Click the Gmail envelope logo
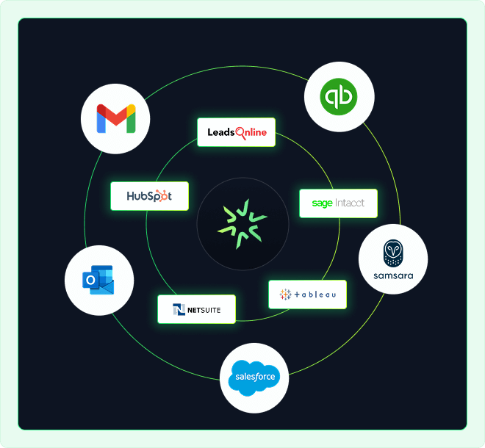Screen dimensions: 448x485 coord(116,119)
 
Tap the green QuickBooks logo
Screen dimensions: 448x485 coord(339,96)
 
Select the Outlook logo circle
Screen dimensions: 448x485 coord(99,280)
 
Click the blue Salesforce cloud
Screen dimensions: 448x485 coord(254,377)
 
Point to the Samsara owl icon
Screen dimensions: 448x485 coord(392,253)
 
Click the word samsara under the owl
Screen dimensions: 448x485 coord(392,275)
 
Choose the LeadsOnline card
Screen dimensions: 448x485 coord(236,133)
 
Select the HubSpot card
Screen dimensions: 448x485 coord(149,196)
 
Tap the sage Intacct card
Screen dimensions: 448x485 coord(338,203)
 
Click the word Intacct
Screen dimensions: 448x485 coord(350,203)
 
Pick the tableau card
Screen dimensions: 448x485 coord(307,295)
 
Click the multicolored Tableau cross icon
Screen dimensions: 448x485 coord(285,295)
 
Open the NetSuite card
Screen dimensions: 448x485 coord(196,309)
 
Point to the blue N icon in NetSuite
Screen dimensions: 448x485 coord(179,309)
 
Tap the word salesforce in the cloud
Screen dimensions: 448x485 coord(255,378)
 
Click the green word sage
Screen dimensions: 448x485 coord(322,203)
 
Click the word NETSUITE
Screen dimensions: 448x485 coord(204,310)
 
